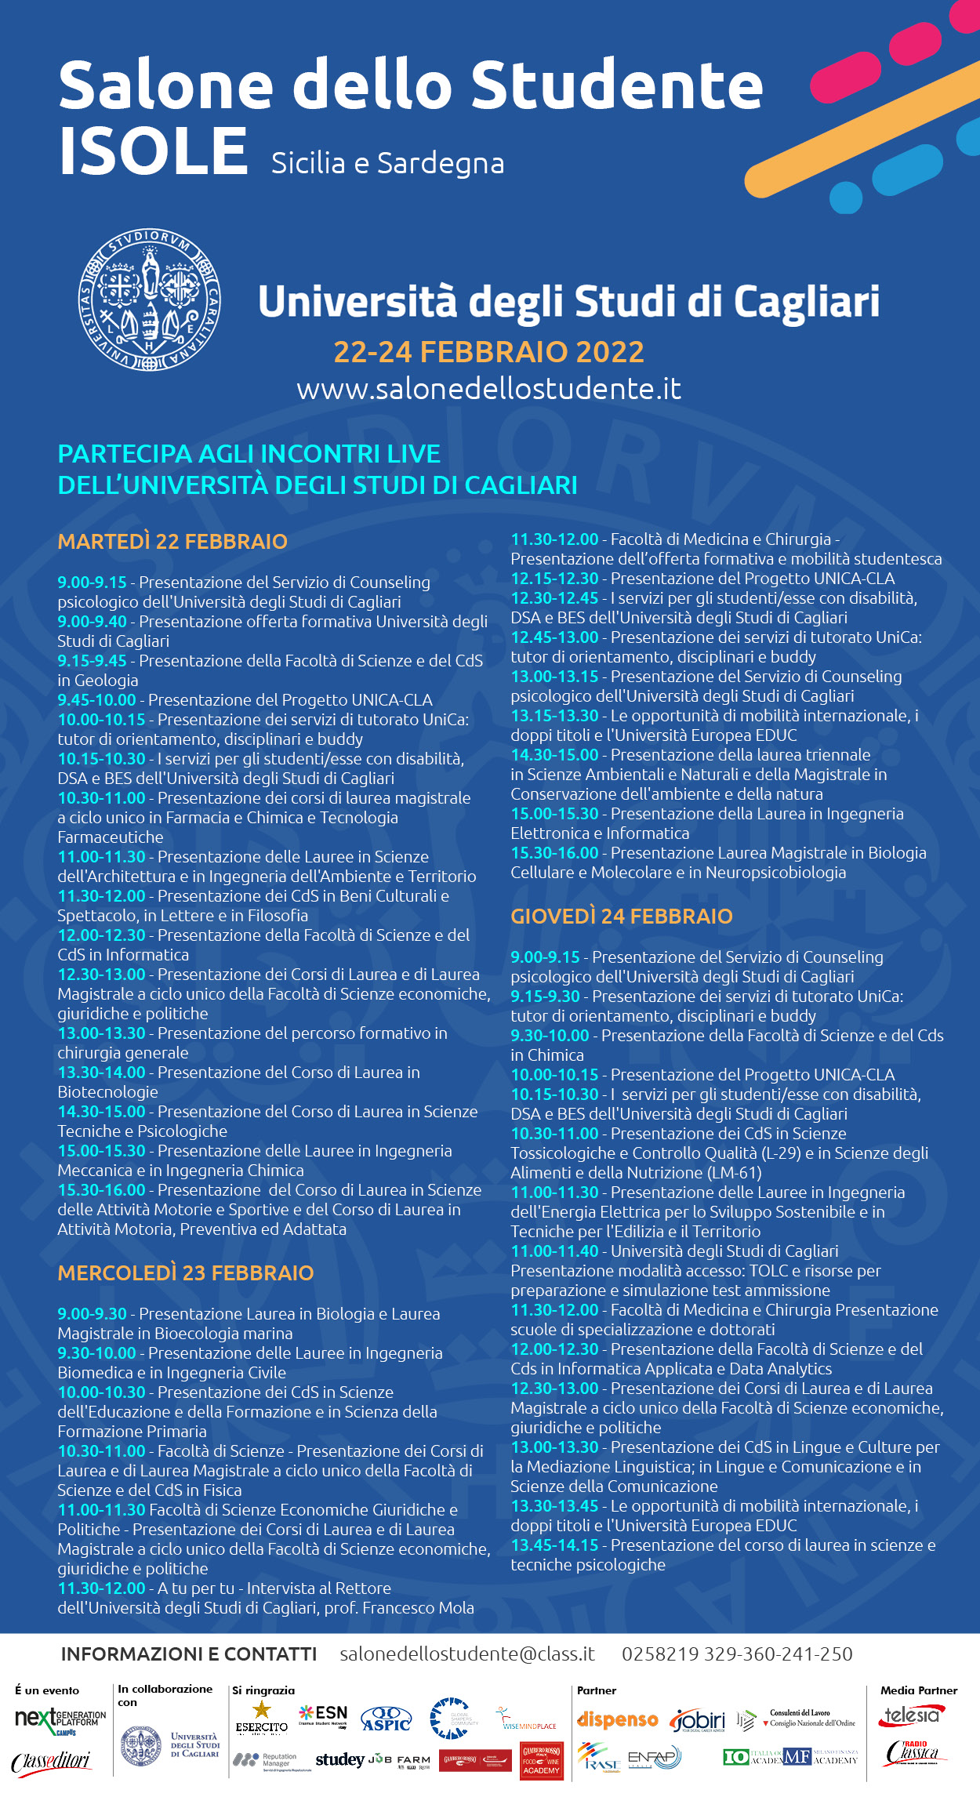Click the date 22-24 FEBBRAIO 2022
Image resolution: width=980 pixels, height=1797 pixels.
[488, 352]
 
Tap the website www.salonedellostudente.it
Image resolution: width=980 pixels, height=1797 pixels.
[488, 389]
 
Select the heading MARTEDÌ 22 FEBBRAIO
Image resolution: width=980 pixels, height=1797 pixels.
[172, 542]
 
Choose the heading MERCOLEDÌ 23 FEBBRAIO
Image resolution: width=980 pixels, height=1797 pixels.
[186, 1272]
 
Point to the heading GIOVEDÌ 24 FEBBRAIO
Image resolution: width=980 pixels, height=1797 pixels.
[622, 917]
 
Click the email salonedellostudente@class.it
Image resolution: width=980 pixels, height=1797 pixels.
[467, 1654]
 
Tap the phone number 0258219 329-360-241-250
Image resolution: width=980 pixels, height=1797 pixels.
[737, 1654]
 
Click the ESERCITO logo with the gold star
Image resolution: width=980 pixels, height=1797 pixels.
[262, 1717]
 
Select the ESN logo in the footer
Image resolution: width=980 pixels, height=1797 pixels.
[323, 1715]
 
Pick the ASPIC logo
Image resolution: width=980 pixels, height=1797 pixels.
[386, 1719]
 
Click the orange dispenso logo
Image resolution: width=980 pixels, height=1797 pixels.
[618, 1720]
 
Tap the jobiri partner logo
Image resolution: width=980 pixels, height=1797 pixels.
[698, 1720]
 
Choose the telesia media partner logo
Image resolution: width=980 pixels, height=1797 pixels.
[911, 1716]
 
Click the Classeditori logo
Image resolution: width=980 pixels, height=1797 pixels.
[52, 1762]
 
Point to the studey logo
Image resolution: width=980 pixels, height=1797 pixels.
[339, 1760]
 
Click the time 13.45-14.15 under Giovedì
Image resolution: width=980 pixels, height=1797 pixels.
[554, 1545]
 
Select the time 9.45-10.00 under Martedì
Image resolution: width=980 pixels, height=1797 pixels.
[96, 700]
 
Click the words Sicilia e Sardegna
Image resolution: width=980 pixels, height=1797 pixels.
[387, 163]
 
